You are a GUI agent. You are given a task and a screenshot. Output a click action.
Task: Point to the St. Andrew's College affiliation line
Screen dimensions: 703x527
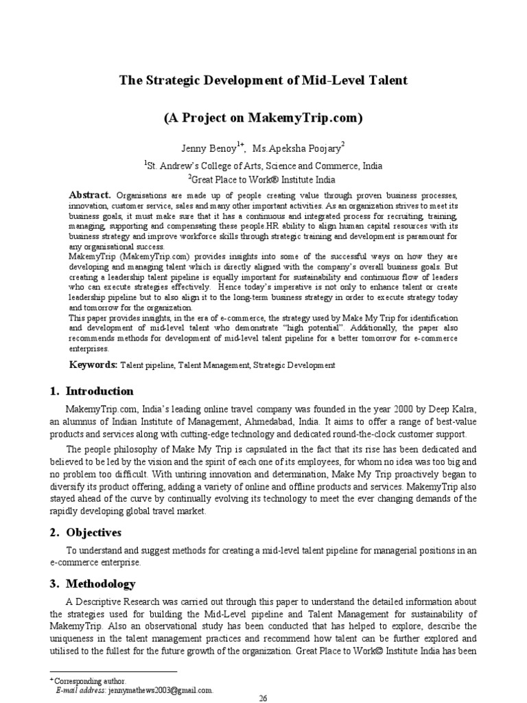pyautogui.click(x=263, y=165)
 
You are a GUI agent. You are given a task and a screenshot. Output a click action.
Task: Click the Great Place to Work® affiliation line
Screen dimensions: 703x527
pyautogui.click(x=263, y=180)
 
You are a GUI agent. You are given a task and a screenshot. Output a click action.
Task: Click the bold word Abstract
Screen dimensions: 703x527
pyautogui.click(x=91, y=194)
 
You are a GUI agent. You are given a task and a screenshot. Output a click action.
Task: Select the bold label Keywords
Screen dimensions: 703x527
pyautogui.click(x=93, y=365)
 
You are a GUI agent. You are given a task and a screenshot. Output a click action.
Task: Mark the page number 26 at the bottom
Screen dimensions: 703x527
pyautogui.click(x=263, y=698)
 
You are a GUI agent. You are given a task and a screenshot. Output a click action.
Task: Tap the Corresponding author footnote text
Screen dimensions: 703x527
pyautogui.click(x=84, y=680)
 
